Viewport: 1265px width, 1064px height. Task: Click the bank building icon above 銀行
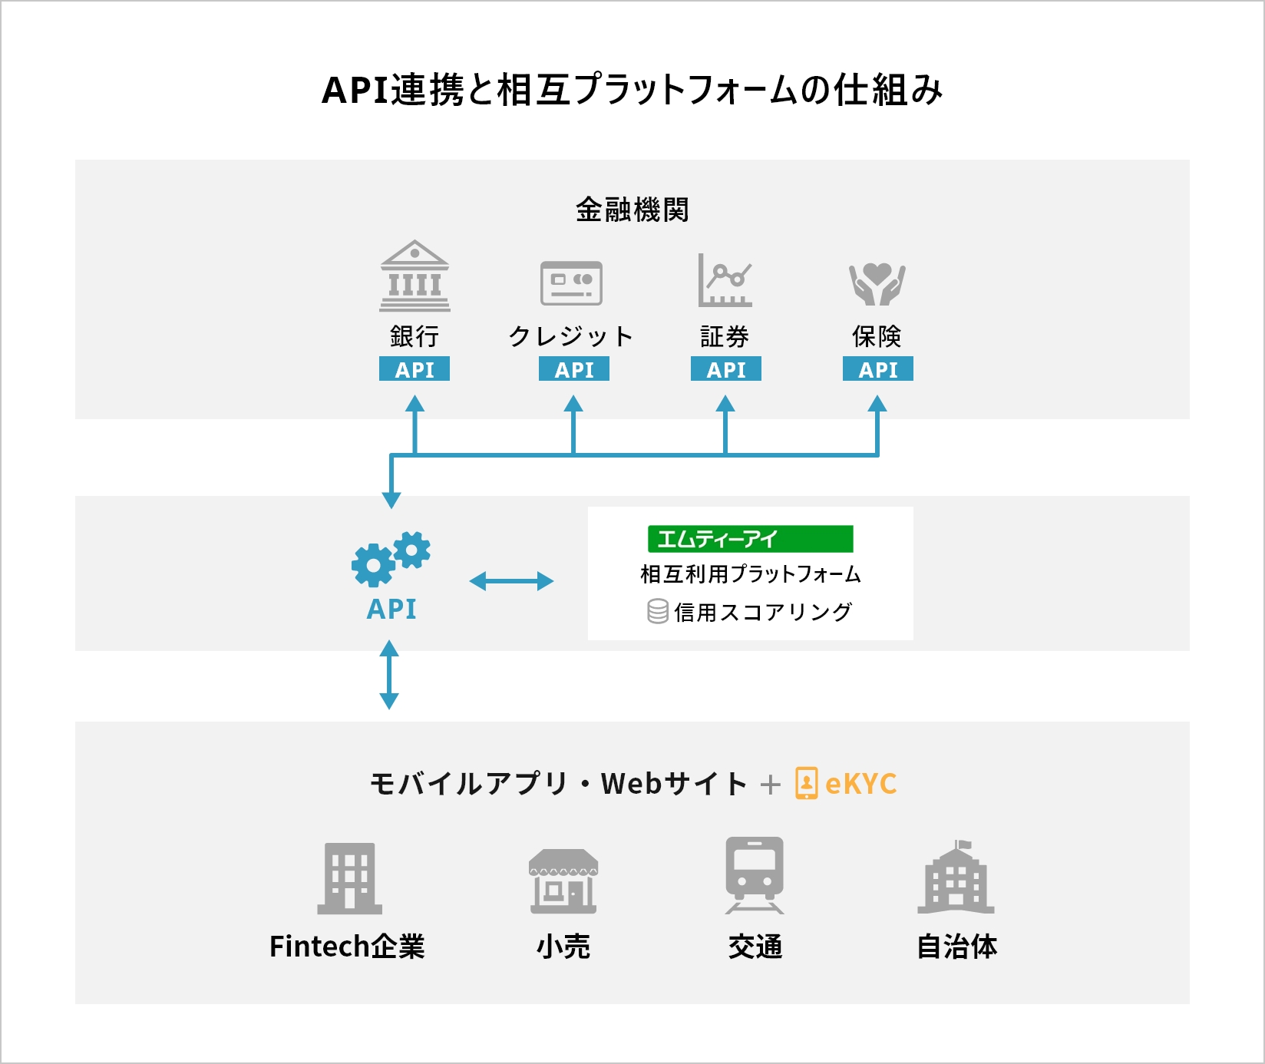pos(415,276)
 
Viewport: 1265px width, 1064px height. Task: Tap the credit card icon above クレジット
pos(571,283)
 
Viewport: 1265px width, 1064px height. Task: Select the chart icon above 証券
pos(725,280)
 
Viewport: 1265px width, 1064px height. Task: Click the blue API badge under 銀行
pos(415,369)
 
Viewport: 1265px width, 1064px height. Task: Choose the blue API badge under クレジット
pos(574,369)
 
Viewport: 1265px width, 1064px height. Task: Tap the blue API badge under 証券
pos(726,369)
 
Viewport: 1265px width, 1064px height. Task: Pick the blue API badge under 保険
pos(878,369)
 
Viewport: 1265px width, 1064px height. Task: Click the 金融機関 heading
pos(632,210)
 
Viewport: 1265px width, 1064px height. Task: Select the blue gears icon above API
pos(391,559)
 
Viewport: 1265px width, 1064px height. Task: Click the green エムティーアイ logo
pos(751,539)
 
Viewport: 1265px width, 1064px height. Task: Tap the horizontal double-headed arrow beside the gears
pos(511,581)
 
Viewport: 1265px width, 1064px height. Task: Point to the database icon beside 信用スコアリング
pos(658,612)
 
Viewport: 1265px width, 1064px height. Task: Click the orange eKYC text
pos(861,784)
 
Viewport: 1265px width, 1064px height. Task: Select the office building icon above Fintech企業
pos(350,878)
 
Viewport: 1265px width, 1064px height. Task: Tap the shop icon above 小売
pos(563,881)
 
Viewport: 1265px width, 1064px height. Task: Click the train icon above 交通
pos(755,875)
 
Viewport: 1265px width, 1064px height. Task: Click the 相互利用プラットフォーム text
pos(751,574)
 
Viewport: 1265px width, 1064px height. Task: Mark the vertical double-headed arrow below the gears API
pos(389,675)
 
